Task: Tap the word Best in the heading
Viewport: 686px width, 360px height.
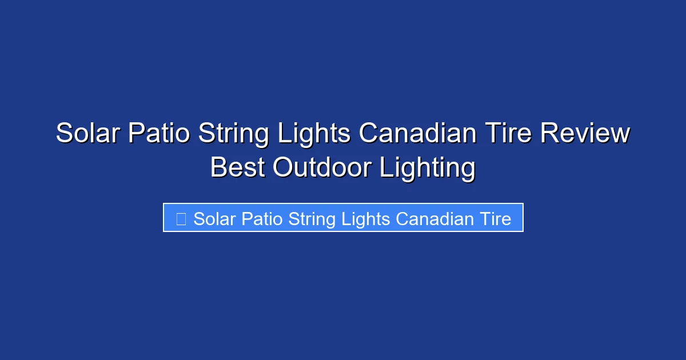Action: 237,169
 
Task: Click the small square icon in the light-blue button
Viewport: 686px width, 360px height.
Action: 181,219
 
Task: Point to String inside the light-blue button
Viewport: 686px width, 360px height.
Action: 312,219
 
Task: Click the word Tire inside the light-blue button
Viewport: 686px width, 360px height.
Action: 496,219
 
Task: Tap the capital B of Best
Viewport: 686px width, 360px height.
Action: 218,169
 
